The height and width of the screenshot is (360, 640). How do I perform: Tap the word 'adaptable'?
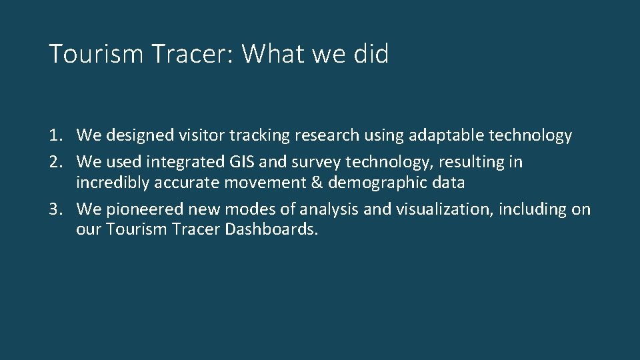point(442,136)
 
